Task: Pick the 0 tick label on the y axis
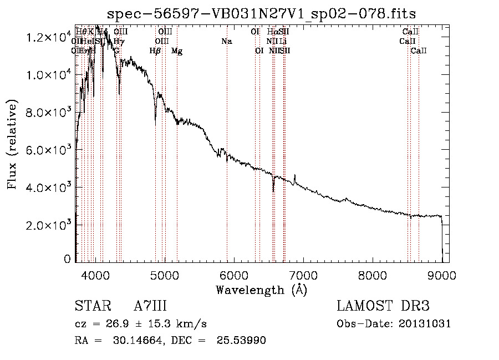[x=68, y=259]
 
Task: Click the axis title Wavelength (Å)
[x=261, y=290]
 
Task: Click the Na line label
[x=226, y=41]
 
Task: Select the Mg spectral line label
[x=177, y=51]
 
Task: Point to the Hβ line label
[x=155, y=51]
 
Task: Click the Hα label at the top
[x=272, y=32]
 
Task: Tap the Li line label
[x=283, y=41]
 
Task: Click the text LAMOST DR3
[x=383, y=307]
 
